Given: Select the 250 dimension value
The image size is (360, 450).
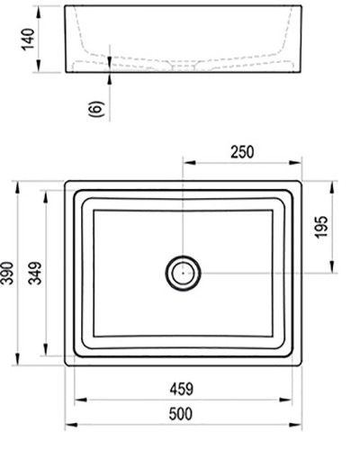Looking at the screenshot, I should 241,151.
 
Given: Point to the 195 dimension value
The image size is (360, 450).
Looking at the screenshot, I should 346,229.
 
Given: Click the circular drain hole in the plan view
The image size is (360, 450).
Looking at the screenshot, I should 183,271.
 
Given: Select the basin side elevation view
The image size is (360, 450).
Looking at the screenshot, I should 183,40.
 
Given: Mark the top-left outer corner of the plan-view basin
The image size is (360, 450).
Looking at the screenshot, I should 67,182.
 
